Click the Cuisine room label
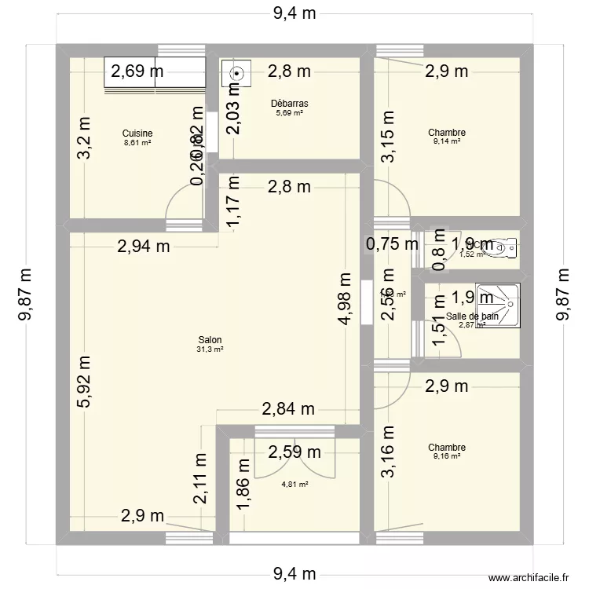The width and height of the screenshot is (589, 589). (x=137, y=134)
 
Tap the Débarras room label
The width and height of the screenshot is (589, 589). (x=289, y=103)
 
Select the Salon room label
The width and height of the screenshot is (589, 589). (x=210, y=339)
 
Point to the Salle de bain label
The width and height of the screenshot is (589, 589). (x=471, y=316)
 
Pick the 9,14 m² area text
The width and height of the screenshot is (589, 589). (x=446, y=143)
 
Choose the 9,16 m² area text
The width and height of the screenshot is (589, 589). (x=446, y=456)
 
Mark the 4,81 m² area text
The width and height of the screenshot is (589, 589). (x=294, y=485)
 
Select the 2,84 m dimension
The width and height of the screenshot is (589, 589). (x=287, y=408)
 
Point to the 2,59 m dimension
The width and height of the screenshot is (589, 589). (x=294, y=452)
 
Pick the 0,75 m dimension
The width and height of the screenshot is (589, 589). (x=392, y=244)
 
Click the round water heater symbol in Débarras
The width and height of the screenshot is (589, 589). (x=236, y=74)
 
